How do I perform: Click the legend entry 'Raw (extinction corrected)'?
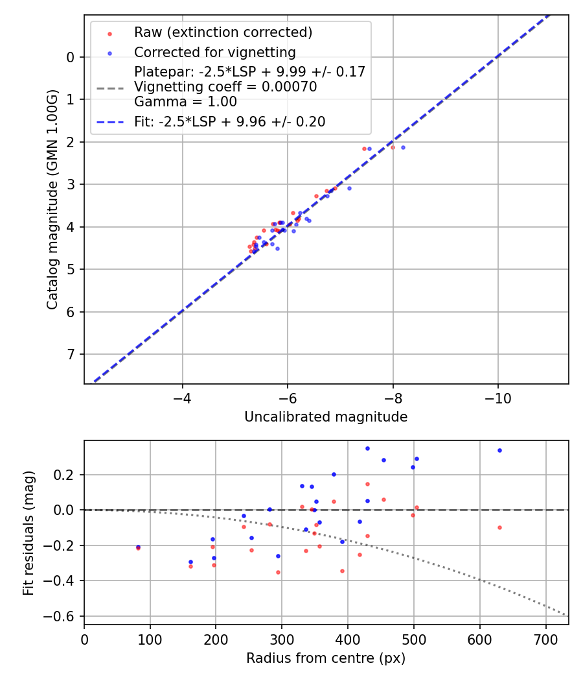[x=223, y=32]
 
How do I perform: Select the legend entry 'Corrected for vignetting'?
[x=214, y=53]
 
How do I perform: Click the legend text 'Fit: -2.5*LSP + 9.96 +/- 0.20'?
[x=229, y=121]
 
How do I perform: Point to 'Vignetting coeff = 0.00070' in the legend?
[x=225, y=87]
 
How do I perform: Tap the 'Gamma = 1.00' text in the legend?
[x=185, y=102]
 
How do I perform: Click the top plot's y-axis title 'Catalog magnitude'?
[x=52, y=198]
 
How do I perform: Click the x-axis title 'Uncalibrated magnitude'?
[x=326, y=417]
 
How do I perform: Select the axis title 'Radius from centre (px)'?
[x=326, y=658]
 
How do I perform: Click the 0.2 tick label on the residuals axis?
[x=66, y=475]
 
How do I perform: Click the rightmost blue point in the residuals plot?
[x=499, y=450]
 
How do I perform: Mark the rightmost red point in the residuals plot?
[x=499, y=527]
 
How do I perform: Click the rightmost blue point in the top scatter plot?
[x=403, y=147]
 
